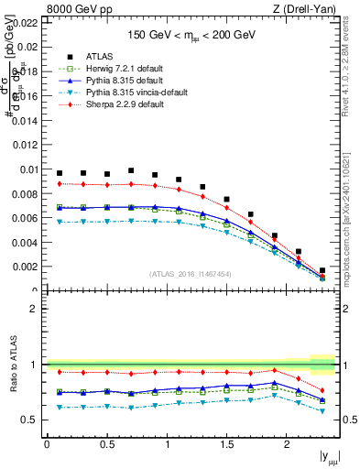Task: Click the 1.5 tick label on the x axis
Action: [x=226, y=444]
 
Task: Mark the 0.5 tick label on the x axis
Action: [x=106, y=444]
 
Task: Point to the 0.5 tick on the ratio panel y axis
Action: [x=31, y=420]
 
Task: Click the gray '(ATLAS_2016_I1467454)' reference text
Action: [x=191, y=274]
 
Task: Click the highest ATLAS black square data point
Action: [x=131, y=170]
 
